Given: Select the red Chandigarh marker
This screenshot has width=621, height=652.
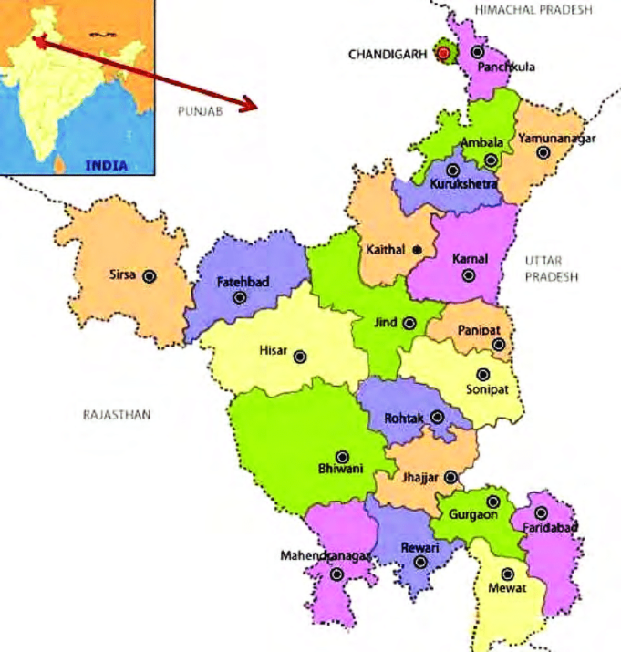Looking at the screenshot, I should [443, 53].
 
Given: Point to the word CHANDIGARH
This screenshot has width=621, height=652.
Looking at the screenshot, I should [388, 54].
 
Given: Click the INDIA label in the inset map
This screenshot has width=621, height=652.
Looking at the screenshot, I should [107, 166].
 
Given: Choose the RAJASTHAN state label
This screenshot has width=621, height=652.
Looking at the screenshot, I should [116, 415].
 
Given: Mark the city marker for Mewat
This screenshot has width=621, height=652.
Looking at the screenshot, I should [508, 574].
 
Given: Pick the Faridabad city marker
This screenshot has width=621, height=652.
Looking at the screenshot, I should [541, 513].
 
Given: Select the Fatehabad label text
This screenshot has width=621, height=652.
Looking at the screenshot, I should [243, 283].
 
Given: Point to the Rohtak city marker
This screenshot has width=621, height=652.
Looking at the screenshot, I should [438, 418].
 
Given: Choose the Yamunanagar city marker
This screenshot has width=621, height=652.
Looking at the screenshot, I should [543, 153].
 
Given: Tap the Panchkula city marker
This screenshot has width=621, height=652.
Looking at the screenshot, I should [477, 52].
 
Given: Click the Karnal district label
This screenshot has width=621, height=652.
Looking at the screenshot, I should [471, 259].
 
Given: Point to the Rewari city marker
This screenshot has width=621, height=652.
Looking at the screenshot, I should [420, 562].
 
